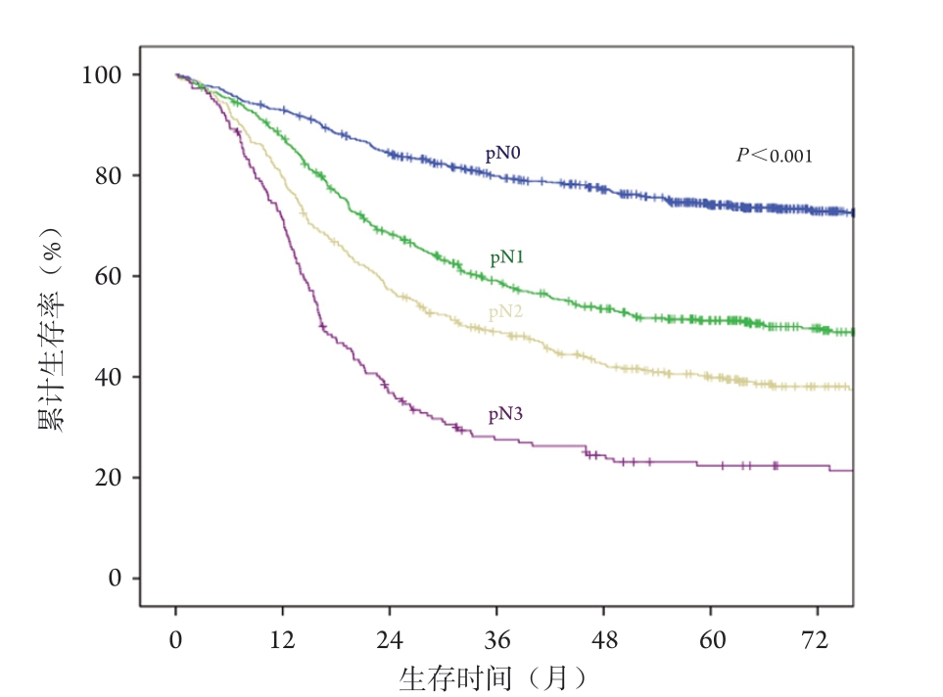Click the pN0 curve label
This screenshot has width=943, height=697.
(x=504, y=154)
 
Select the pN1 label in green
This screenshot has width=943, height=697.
(x=507, y=258)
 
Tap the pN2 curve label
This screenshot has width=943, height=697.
(x=505, y=312)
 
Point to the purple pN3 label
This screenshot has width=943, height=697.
(x=506, y=415)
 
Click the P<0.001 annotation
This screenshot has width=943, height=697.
(x=775, y=155)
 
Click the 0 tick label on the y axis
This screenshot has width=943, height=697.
(x=117, y=579)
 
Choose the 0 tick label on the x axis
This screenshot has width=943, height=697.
(x=176, y=640)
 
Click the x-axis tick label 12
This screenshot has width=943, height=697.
(x=283, y=640)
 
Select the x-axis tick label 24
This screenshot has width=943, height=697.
(x=390, y=640)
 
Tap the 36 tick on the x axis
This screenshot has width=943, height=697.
(x=497, y=640)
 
